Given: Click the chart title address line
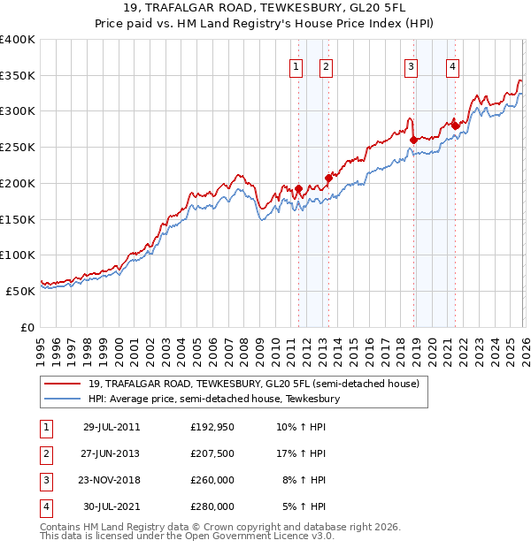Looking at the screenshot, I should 266,10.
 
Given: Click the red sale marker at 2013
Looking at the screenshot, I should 328,178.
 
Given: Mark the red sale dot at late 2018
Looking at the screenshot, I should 413,139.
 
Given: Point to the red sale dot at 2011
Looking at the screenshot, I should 298,188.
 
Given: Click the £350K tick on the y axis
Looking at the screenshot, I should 18,75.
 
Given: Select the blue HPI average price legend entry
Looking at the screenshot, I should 213,400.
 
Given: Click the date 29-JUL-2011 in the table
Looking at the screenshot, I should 112,427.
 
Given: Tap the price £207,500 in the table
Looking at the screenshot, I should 212,453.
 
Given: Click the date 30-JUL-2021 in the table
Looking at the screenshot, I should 112,507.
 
